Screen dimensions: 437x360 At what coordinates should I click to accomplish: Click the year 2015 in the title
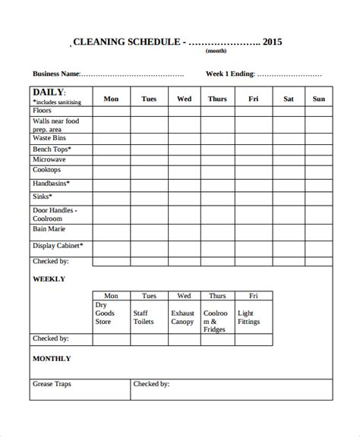pyautogui.click(x=272, y=42)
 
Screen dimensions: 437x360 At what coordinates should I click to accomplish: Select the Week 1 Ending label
pyautogui.click(x=230, y=74)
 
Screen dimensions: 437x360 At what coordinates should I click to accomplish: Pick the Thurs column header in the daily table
pyautogui.click(x=216, y=99)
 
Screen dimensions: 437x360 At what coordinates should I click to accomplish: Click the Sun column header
pyautogui.click(x=318, y=99)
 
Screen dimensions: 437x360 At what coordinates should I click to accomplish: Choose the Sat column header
pyautogui.click(x=289, y=99)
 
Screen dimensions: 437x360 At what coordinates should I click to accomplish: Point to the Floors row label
pyautogui.click(x=43, y=111)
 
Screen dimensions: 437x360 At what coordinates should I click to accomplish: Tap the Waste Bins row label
pyautogui.click(x=50, y=139)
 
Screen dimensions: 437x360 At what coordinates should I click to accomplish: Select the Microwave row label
pyautogui.click(x=49, y=161)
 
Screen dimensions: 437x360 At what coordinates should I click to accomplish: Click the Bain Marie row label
pyautogui.click(x=49, y=228)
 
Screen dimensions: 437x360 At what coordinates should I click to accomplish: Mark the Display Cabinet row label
pyautogui.click(x=58, y=246)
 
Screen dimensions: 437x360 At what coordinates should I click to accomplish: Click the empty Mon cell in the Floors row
pyautogui.click(x=111, y=111)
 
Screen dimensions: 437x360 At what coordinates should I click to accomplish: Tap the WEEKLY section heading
pyautogui.click(x=49, y=279)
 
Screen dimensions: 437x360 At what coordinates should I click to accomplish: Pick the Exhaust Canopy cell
pyautogui.click(x=183, y=316)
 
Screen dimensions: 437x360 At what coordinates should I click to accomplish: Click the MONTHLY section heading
pyautogui.click(x=52, y=358)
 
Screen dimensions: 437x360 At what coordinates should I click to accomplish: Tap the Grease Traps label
pyautogui.click(x=52, y=384)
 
